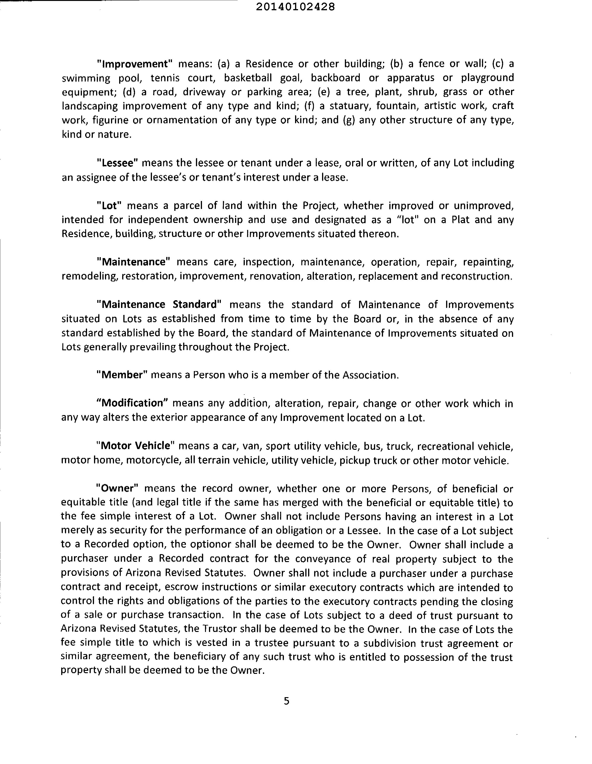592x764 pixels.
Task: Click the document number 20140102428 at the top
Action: [296, 7]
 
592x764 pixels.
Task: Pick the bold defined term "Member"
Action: [122, 375]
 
